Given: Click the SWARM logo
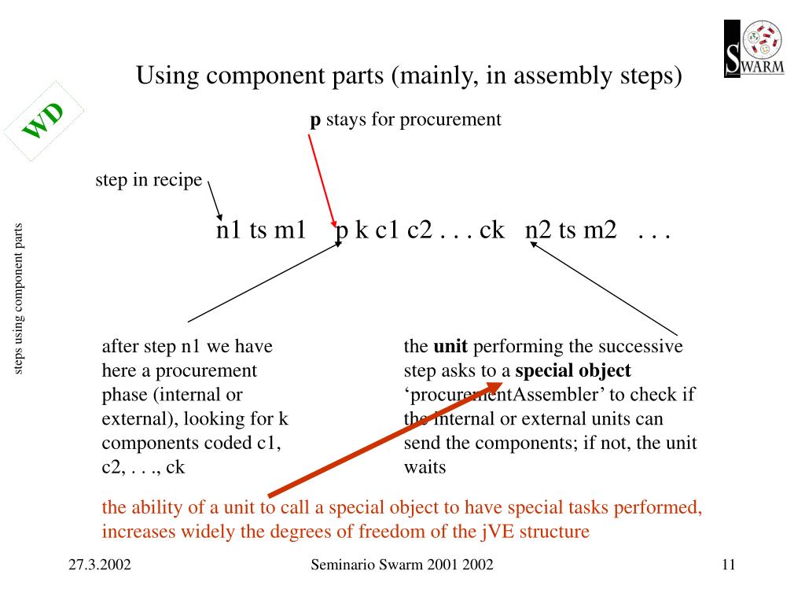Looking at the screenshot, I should pyautogui.click(x=754, y=49).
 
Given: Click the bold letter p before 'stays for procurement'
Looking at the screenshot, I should pyautogui.click(x=314, y=120).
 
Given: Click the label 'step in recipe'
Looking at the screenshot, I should pyautogui.click(x=149, y=180).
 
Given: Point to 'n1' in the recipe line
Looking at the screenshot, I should pyautogui.click(x=230, y=230).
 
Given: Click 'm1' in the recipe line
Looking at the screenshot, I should pyautogui.click(x=289, y=230).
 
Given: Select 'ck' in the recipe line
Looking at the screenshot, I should pyautogui.click(x=491, y=230).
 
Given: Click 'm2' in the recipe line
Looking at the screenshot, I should pyautogui.click(x=600, y=230).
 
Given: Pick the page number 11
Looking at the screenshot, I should pyautogui.click(x=727, y=565).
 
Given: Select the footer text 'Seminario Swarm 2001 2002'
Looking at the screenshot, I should pyautogui.click(x=402, y=565).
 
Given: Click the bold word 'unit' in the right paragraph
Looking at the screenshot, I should pyautogui.click(x=450, y=347).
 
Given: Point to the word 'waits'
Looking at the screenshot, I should pyautogui.click(x=425, y=467).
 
